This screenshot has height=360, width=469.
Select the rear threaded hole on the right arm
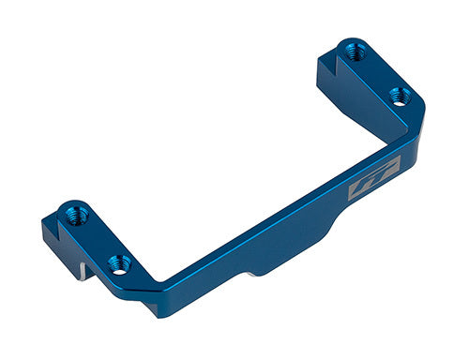tap(355, 52)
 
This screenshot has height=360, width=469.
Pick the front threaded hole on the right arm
tap(397, 96)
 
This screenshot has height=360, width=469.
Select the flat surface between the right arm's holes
tap(375, 73)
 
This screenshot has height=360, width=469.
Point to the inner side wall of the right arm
tap(352, 108)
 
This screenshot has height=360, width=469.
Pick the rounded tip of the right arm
tap(349, 42)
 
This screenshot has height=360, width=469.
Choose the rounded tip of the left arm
tap(70, 205)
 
